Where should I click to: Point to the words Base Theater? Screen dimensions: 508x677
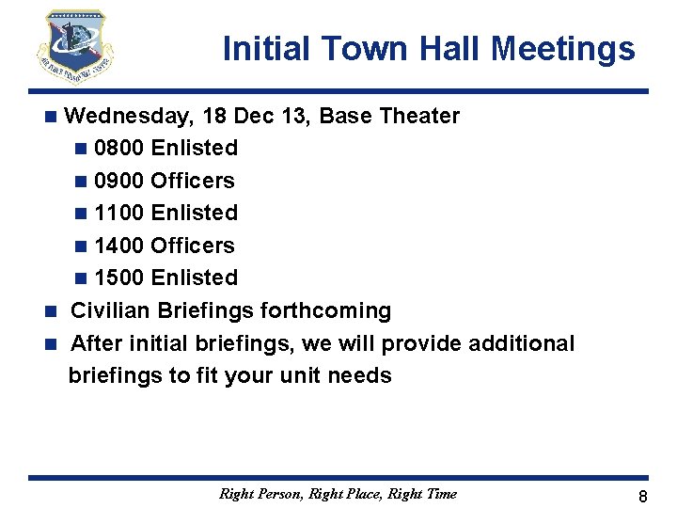coord(389,117)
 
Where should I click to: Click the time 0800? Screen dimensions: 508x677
coord(119,149)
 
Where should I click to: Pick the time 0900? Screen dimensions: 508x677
coord(119,181)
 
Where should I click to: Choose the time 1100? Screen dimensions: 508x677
coord(119,213)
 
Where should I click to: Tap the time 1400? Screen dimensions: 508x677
coord(119,246)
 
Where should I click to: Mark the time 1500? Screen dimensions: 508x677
coord(119,278)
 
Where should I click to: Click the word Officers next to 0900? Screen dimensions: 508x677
coord(193,181)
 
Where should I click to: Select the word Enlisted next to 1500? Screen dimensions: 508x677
coord(195,278)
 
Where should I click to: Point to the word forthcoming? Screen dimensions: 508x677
coord(328,310)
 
